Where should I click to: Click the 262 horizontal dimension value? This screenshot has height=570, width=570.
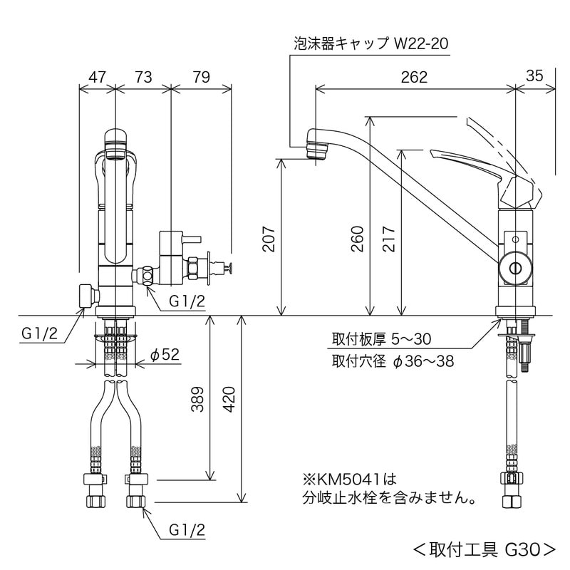[414, 77]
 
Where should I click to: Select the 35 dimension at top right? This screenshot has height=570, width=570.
[534, 76]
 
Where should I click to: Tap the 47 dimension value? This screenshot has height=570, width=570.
[97, 77]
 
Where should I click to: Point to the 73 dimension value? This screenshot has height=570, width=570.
[143, 77]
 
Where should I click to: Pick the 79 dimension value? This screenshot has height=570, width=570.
[202, 77]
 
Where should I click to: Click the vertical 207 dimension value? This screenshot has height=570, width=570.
[269, 239]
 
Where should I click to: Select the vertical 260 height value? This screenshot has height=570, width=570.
[358, 239]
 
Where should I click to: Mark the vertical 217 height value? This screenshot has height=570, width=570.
[388, 239]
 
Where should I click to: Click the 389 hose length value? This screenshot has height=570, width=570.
[197, 399]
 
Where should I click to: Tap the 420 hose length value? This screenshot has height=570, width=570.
[229, 399]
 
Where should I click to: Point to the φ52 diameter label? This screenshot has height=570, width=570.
[165, 354]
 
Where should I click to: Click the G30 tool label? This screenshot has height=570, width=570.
[523, 550]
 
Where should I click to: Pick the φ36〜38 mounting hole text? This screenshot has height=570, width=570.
[423, 361]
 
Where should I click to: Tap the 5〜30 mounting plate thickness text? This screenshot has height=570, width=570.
[411, 339]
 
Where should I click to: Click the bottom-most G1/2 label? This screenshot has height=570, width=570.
[187, 529]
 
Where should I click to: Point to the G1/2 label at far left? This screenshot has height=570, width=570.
[40, 333]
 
